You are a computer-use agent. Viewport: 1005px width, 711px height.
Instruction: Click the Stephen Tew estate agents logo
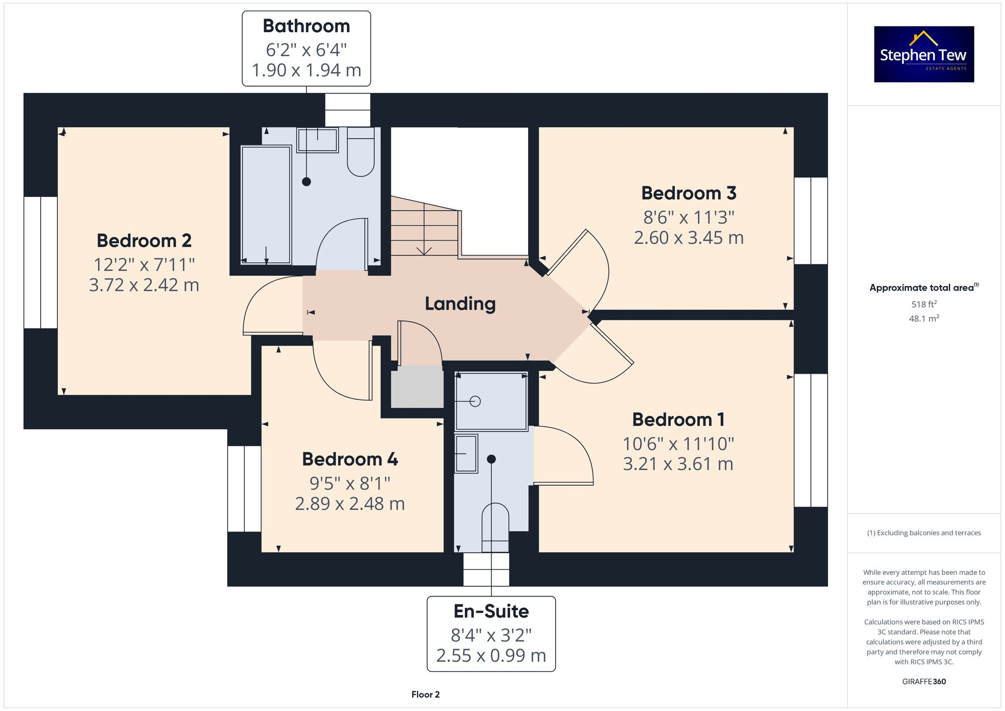[x=924, y=54]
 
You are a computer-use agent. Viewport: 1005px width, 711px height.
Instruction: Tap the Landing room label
[x=460, y=303]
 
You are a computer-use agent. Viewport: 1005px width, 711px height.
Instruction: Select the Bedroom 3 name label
[x=688, y=193]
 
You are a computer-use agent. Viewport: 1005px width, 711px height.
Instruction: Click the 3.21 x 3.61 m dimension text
[x=678, y=464]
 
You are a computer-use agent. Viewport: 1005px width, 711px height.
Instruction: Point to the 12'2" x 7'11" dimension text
[x=144, y=264]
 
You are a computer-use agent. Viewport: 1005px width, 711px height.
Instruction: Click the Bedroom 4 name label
[x=350, y=459]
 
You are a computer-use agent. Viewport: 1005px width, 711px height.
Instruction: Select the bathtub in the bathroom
[x=266, y=205]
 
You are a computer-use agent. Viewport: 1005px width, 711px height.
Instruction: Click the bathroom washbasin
[x=317, y=140]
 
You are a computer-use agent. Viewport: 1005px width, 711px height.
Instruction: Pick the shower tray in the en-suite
[x=491, y=401]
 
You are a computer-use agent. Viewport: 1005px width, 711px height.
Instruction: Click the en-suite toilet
[x=495, y=528]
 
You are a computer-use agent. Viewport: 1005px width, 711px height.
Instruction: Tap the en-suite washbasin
[x=466, y=454]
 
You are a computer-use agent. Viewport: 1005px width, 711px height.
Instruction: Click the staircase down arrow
[x=424, y=249]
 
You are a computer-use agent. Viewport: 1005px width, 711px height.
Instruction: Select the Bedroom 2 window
[x=41, y=262]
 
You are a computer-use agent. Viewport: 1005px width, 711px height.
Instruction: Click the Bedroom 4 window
[x=244, y=488]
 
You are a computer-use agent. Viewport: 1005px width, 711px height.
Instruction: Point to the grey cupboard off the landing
[x=417, y=387]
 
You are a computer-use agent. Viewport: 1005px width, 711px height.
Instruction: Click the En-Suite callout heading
[x=491, y=612]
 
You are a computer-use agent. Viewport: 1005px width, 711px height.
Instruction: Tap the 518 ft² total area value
[x=924, y=304]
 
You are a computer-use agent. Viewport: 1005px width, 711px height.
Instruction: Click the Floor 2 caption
[x=425, y=694]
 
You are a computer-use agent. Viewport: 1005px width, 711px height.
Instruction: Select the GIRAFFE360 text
[x=924, y=681]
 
